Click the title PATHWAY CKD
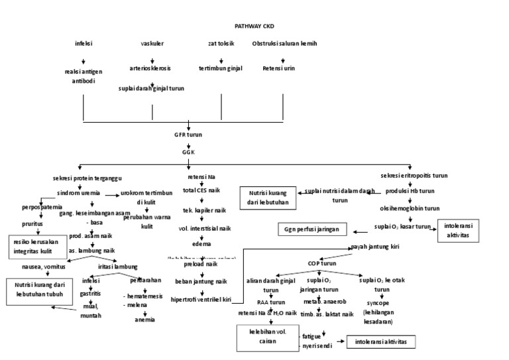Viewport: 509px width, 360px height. (x=254, y=27)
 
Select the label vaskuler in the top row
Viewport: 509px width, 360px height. (x=152, y=44)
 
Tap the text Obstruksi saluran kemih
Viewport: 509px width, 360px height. (x=284, y=44)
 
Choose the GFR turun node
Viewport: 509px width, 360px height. (x=188, y=135)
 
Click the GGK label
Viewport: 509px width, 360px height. (x=188, y=152)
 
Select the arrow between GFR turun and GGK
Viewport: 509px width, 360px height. (x=188, y=143)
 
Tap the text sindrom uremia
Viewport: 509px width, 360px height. (x=79, y=193)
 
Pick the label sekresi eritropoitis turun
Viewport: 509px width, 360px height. (x=414, y=176)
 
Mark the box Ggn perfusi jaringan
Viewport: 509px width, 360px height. (x=312, y=229)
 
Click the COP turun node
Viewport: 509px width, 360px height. (x=321, y=263)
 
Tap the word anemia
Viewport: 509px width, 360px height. (x=145, y=319)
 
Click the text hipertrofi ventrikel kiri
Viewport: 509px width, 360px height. (x=205, y=300)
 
